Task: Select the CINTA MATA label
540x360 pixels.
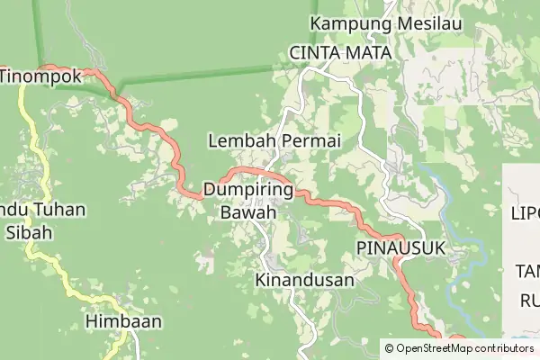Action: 341,53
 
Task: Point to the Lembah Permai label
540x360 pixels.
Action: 274,141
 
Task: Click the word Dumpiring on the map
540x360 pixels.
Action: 249,191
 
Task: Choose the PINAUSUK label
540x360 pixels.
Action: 401,247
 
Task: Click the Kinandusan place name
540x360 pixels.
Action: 305,280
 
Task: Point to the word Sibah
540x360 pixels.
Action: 31,232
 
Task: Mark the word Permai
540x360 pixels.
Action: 310,141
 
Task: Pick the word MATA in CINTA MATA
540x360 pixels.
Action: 367,53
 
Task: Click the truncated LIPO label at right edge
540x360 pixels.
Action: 524,215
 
